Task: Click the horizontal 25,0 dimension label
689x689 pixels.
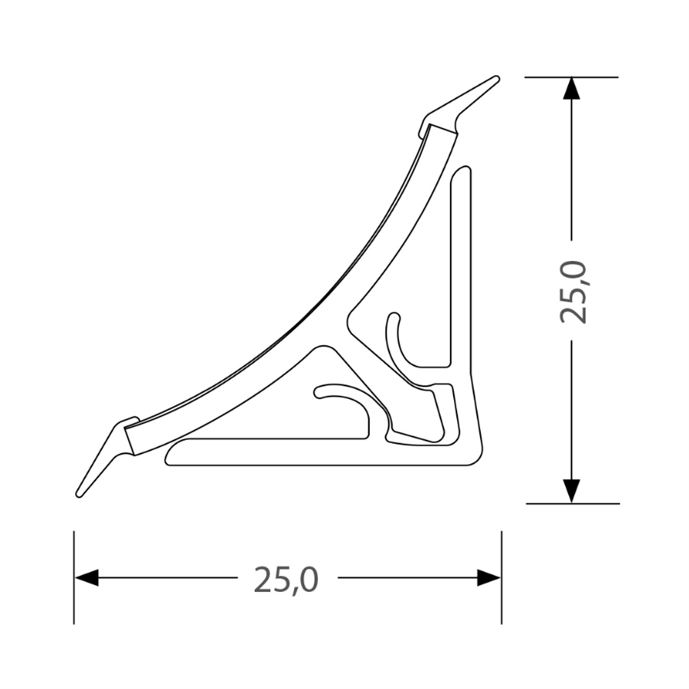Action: (x=286, y=580)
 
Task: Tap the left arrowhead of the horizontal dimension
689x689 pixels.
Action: (x=86, y=577)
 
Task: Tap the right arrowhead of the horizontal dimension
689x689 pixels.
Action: (x=488, y=577)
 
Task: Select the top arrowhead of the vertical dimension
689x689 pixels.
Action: (x=571, y=88)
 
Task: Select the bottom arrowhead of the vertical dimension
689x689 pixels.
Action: (x=571, y=491)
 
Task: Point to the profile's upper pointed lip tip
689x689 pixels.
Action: (x=497, y=78)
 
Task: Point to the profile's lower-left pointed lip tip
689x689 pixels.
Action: (x=79, y=495)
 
